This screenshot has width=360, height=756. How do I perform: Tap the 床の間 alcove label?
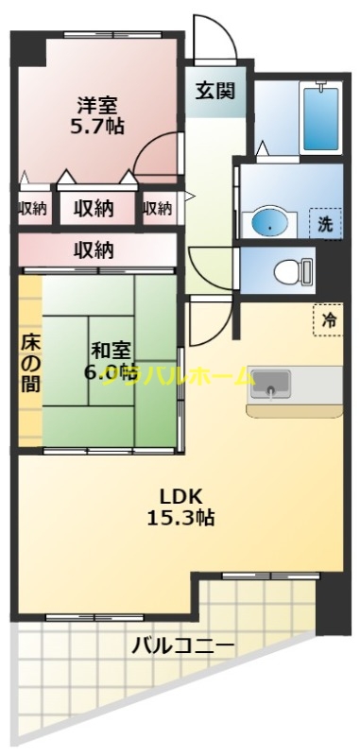(x=30, y=363)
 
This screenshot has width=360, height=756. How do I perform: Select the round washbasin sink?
(x=269, y=224)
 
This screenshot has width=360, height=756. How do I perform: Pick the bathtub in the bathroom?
(x=322, y=119)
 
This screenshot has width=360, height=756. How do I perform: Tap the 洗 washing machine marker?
(x=324, y=226)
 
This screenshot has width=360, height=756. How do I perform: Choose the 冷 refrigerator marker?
(x=328, y=320)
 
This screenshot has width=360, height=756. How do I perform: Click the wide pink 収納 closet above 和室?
(x=94, y=250)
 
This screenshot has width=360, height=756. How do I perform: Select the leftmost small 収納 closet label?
(x=32, y=209)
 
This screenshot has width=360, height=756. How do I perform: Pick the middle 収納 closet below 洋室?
(x=94, y=208)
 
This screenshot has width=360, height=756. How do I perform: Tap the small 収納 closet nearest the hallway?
(x=158, y=209)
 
